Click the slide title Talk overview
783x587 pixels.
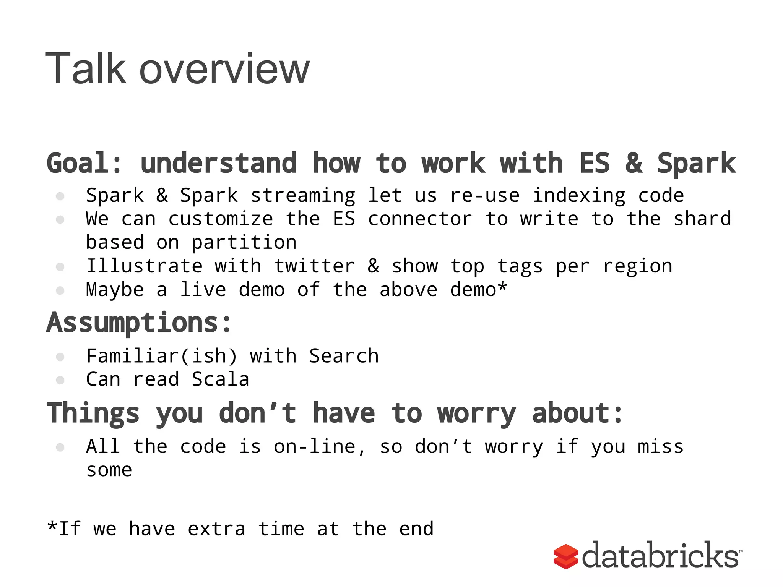pos(178,69)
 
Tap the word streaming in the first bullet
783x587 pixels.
pos(303,196)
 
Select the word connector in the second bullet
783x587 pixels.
pos(420,219)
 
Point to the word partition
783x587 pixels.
pos(244,243)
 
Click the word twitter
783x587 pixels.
pos(314,266)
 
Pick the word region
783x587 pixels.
pos(637,267)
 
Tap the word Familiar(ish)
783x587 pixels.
pos(162,356)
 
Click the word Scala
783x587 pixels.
pos(220,379)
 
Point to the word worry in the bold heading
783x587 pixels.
pos(477,414)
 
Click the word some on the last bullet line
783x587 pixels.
pos(109,470)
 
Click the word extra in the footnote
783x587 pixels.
pos(216,529)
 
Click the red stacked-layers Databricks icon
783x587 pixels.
pos(565,556)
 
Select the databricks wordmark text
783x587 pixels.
pos(660,556)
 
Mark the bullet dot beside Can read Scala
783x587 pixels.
pos(60,380)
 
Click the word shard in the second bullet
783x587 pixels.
pos(702,219)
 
